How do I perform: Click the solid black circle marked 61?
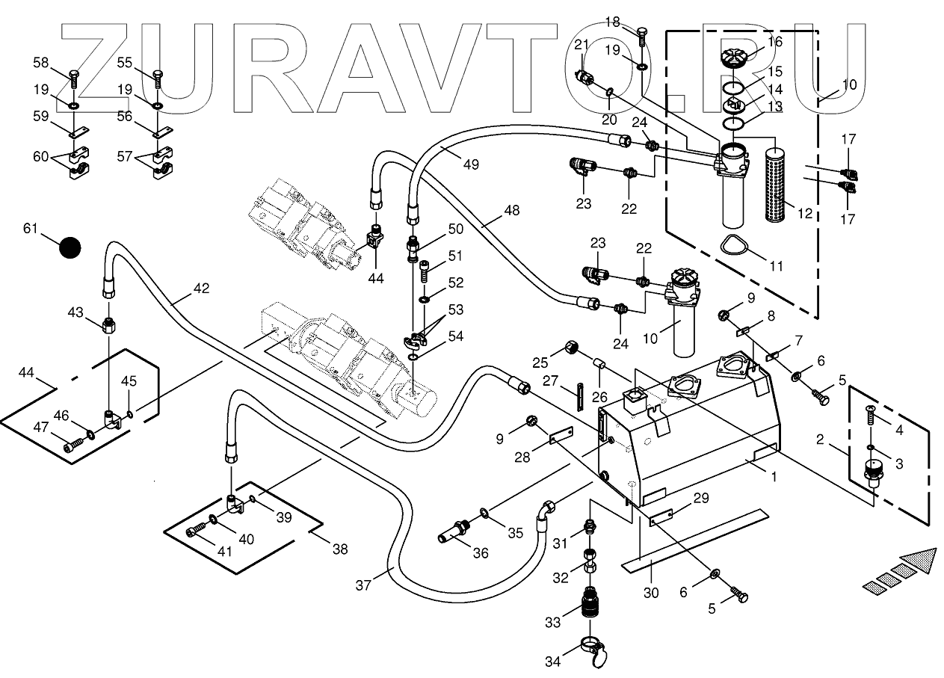pos(70,247)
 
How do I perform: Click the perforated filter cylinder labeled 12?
pos(777,184)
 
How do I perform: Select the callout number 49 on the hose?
pos(471,164)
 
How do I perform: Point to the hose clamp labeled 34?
pos(594,650)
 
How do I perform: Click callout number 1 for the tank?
pos(774,477)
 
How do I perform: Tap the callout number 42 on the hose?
pos(201,289)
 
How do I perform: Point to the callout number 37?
pos(363,585)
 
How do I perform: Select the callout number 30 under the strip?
pos(651,593)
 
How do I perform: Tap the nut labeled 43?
pos(109,325)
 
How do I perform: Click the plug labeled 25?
pos(571,348)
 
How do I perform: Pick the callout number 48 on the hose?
pos(512,210)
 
